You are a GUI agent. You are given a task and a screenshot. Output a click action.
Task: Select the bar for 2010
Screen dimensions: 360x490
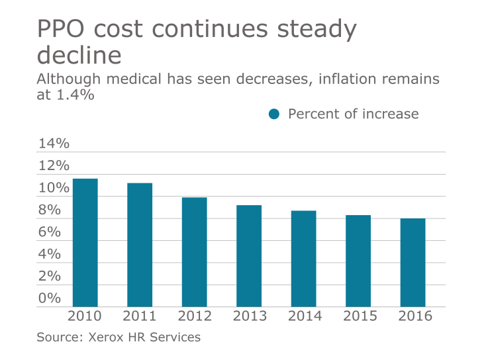click(85, 243)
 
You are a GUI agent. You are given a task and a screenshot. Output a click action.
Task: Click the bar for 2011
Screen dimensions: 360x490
click(140, 245)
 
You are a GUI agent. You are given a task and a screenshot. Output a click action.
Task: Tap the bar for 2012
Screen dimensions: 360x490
click(194, 252)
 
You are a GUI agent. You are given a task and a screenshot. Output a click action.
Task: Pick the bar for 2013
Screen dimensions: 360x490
click(249, 256)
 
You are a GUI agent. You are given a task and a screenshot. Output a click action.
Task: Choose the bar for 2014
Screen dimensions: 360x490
click(303, 259)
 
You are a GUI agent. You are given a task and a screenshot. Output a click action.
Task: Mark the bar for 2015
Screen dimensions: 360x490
click(358, 261)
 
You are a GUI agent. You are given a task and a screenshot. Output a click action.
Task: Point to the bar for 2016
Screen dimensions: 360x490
click(413, 263)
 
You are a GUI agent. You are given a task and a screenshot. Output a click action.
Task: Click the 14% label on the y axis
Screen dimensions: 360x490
click(53, 144)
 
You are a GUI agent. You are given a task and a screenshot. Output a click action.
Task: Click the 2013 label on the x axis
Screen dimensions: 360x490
click(249, 316)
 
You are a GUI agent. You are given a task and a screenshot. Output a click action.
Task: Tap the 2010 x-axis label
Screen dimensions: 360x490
click(85, 316)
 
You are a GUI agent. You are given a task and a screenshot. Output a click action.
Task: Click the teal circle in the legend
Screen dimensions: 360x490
click(274, 114)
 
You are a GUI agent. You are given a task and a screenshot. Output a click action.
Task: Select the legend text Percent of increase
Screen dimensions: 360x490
click(353, 114)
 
